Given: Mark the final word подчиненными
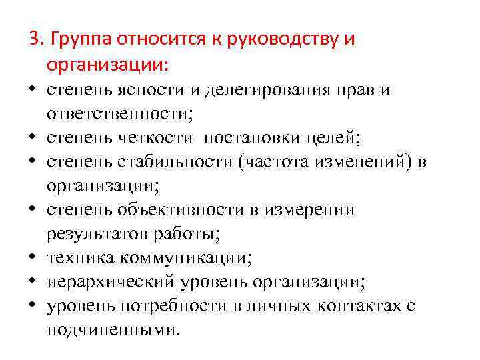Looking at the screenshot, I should [x=113, y=330].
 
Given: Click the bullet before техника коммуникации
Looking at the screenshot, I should [x=32, y=258].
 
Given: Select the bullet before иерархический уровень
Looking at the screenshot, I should [x=32, y=282].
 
